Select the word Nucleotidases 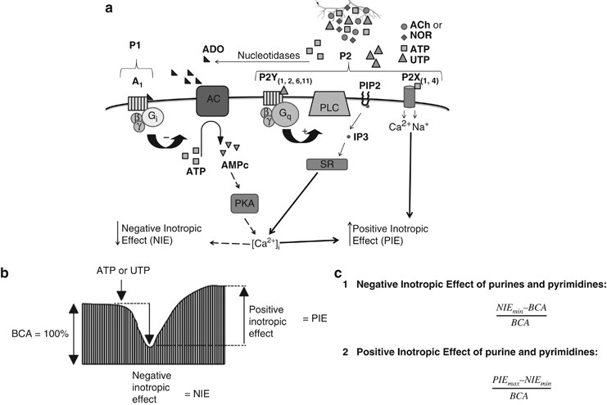pyautogui.click(x=266, y=56)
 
